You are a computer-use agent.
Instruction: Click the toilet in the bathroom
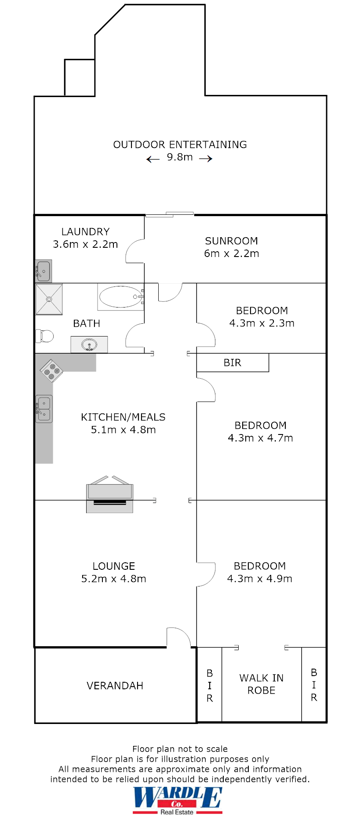point(44,336)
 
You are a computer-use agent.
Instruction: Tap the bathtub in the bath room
point(120,297)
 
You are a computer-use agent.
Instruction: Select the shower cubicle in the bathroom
point(49,299)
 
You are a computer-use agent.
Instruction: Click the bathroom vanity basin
point(89,344)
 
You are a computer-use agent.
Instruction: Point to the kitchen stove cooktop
point(51,370)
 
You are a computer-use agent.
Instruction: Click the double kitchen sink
point(44,409)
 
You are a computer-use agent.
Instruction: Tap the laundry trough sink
point(43,271)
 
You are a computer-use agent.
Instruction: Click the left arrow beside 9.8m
point(153,159)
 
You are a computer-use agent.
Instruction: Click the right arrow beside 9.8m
point(206,159)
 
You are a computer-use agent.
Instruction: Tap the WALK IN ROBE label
point(261,684)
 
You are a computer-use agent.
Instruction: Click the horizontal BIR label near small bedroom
point(232,363)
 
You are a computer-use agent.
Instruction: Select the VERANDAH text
point(115,686)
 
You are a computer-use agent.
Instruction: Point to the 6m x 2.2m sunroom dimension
point(231,253)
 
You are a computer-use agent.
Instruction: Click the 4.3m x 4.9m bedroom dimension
point(259,579)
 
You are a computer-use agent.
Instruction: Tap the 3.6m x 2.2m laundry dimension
point(85,244)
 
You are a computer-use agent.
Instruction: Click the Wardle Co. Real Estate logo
point(177,800)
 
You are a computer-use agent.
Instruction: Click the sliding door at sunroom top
point(169,214)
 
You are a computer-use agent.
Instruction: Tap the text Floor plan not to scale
point(180,749)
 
